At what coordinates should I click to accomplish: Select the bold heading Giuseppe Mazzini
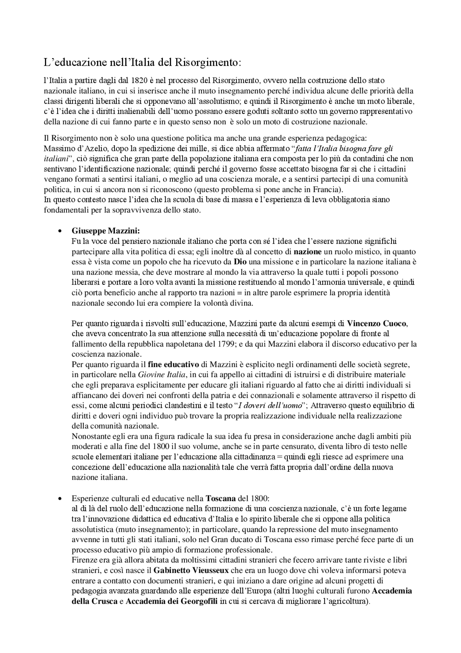click(x=106, y=230)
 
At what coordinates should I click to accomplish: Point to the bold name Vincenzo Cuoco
click(x=377, y=323)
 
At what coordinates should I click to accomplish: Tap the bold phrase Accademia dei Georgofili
click(x=171, y=602)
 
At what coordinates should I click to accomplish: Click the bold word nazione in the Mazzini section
click(x=307, y=251)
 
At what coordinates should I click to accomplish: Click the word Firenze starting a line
click(x=84, y=561)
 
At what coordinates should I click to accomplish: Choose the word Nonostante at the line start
click(x=90, y=436)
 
